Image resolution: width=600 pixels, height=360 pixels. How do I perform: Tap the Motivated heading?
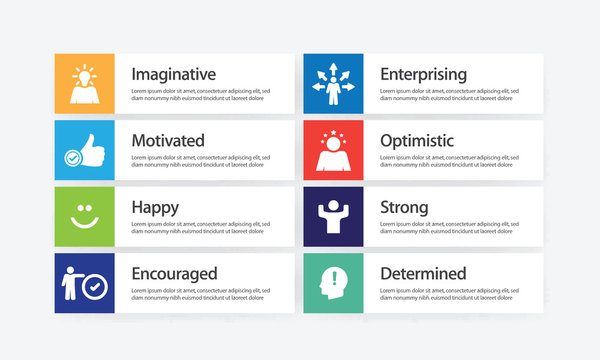point(168,140)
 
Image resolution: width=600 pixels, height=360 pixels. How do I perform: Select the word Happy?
point(155,207)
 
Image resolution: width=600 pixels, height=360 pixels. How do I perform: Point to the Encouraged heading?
point(174,273)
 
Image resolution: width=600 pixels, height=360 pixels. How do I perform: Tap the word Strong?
point(404,207)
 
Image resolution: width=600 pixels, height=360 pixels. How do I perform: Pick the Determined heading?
point(423,273)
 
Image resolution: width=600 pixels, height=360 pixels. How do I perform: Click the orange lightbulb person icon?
point(85,84)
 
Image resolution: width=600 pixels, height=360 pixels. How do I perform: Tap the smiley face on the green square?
point(85,216)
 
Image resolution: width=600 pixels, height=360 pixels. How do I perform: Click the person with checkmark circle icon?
point(85,283)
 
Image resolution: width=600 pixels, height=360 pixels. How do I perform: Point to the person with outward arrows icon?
point(334,84)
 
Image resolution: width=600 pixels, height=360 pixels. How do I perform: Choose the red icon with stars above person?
point(334,150)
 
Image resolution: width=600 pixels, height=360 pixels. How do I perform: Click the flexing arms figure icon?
point(334,216)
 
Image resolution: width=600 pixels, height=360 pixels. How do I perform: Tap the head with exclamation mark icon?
point(334,283)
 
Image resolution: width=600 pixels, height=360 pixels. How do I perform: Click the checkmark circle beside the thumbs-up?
point(72,158)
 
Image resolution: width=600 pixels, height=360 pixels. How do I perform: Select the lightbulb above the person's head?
point(85,73)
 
